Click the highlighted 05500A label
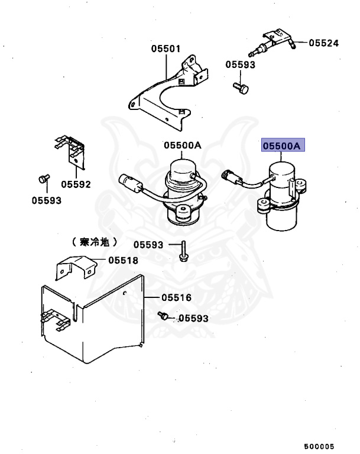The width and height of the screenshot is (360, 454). click(283, 145)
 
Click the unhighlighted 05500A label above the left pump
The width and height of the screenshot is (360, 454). click(183, 145)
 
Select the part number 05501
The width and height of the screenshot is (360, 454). click(165, 49)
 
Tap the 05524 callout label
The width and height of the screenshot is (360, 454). click(324, 43)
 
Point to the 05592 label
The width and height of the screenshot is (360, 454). click(76, 184)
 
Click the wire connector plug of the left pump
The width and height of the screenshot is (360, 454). click(128, 180)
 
